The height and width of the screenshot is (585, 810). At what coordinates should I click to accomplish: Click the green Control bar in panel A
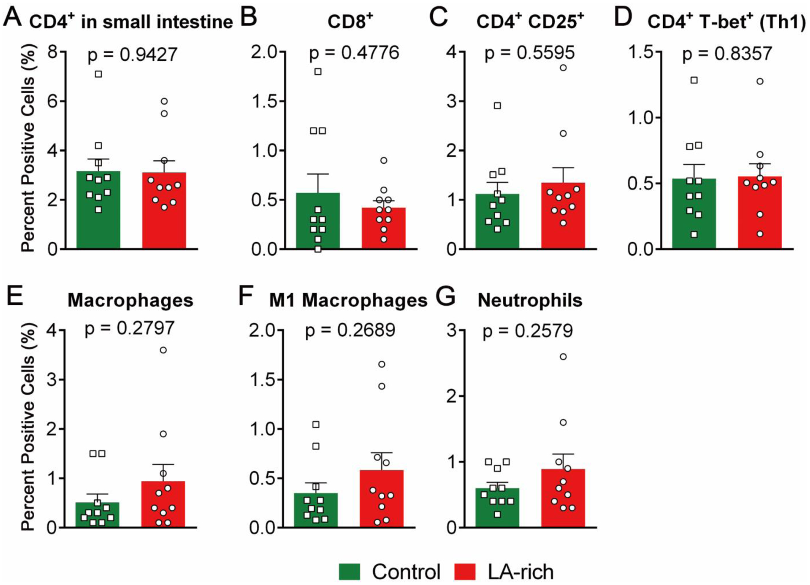tap(98, 219)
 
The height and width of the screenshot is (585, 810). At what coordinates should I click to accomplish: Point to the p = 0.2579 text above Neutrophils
tap(528, 331)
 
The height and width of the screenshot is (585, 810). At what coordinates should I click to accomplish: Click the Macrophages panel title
tap(130, 300)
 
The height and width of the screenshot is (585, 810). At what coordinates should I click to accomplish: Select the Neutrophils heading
tap(530, 300)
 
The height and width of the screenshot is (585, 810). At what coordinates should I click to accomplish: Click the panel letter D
tap(623, 17)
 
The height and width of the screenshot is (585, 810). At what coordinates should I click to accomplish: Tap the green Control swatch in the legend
tap(349, 572)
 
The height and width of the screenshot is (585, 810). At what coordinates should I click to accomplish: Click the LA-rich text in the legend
tap(521, 572)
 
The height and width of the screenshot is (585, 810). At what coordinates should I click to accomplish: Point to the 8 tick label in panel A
tap(52, 52)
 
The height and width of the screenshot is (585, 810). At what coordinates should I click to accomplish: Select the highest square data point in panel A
tap(98, 74)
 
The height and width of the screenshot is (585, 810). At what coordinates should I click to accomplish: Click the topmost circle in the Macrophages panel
tap(163, 350)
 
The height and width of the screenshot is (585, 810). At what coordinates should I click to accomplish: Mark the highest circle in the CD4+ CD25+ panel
tap(563, 67)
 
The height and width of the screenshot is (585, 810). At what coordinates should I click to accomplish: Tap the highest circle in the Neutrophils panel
tap(563, 357)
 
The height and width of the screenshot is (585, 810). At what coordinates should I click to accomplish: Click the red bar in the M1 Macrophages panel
tap(381, 502)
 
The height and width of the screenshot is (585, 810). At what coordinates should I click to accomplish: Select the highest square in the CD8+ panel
tap(318, 72)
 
